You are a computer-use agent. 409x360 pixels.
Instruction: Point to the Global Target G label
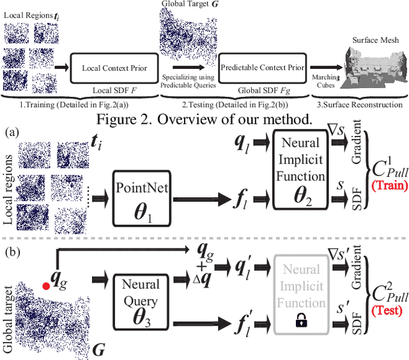click(x=187, y=5)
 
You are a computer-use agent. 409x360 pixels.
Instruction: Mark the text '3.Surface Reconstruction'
click(x=362, y=104)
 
